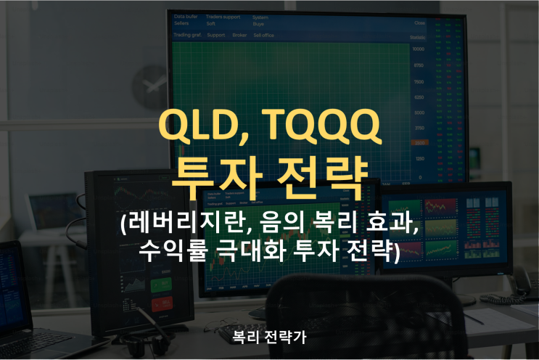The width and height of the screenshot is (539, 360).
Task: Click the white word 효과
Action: pos(391,224)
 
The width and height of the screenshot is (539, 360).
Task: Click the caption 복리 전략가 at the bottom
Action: pos(269,337)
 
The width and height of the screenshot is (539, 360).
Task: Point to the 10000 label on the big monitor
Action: pos(419,49)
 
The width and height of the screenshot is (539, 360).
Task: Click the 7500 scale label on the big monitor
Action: pos(419,81)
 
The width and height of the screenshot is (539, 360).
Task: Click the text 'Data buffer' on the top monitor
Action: pos(186,17)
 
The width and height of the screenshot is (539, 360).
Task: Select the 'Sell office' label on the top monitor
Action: pos(263,34)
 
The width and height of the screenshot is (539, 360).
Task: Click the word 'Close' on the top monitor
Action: pos(419,22)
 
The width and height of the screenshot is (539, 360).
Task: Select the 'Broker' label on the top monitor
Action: pos(239,34)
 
